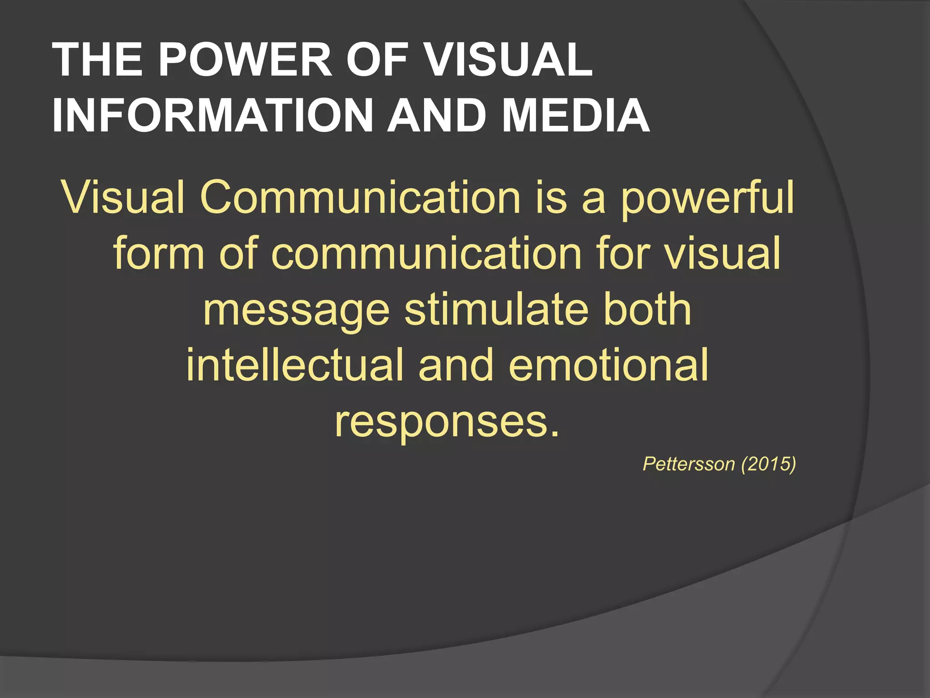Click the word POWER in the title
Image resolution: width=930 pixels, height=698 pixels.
pos(245,60)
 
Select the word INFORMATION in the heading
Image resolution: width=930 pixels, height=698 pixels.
pos(213,115)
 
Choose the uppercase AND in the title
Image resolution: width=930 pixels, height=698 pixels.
pos(436,115)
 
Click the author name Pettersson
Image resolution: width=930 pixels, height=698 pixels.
pos(688,464)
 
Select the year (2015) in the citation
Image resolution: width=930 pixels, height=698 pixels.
pos(768,464)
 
